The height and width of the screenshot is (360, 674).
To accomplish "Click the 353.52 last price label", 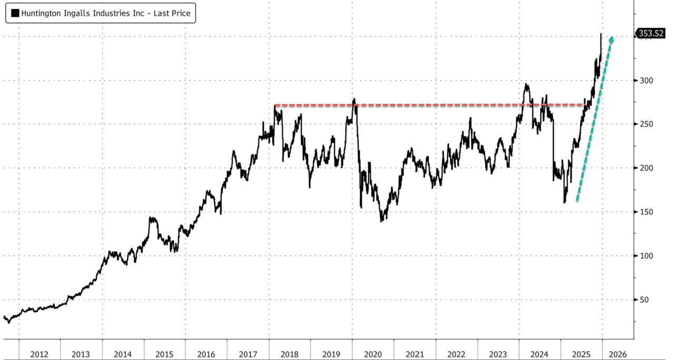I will click(x=651, y=33).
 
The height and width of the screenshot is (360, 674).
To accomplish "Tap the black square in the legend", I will click(x=15, y=14).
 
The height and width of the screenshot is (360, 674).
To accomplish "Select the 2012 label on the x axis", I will click(x=39, y=354).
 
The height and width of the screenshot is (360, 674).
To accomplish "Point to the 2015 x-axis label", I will click(x=164, y=354).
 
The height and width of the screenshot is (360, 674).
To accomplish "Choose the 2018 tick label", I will click(x=290, y=354).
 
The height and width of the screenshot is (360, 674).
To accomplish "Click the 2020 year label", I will click(x=373, y=354).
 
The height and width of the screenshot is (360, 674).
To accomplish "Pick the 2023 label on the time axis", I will click(x=498, y=354).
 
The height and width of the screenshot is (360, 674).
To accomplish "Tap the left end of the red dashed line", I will click(x=275, y=105).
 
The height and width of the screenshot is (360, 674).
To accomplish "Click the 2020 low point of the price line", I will click(x=381, y=221).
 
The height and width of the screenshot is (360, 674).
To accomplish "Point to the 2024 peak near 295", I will click(x=526, y=84).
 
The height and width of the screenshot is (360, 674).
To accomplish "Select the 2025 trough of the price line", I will click(x=564, y=203).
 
